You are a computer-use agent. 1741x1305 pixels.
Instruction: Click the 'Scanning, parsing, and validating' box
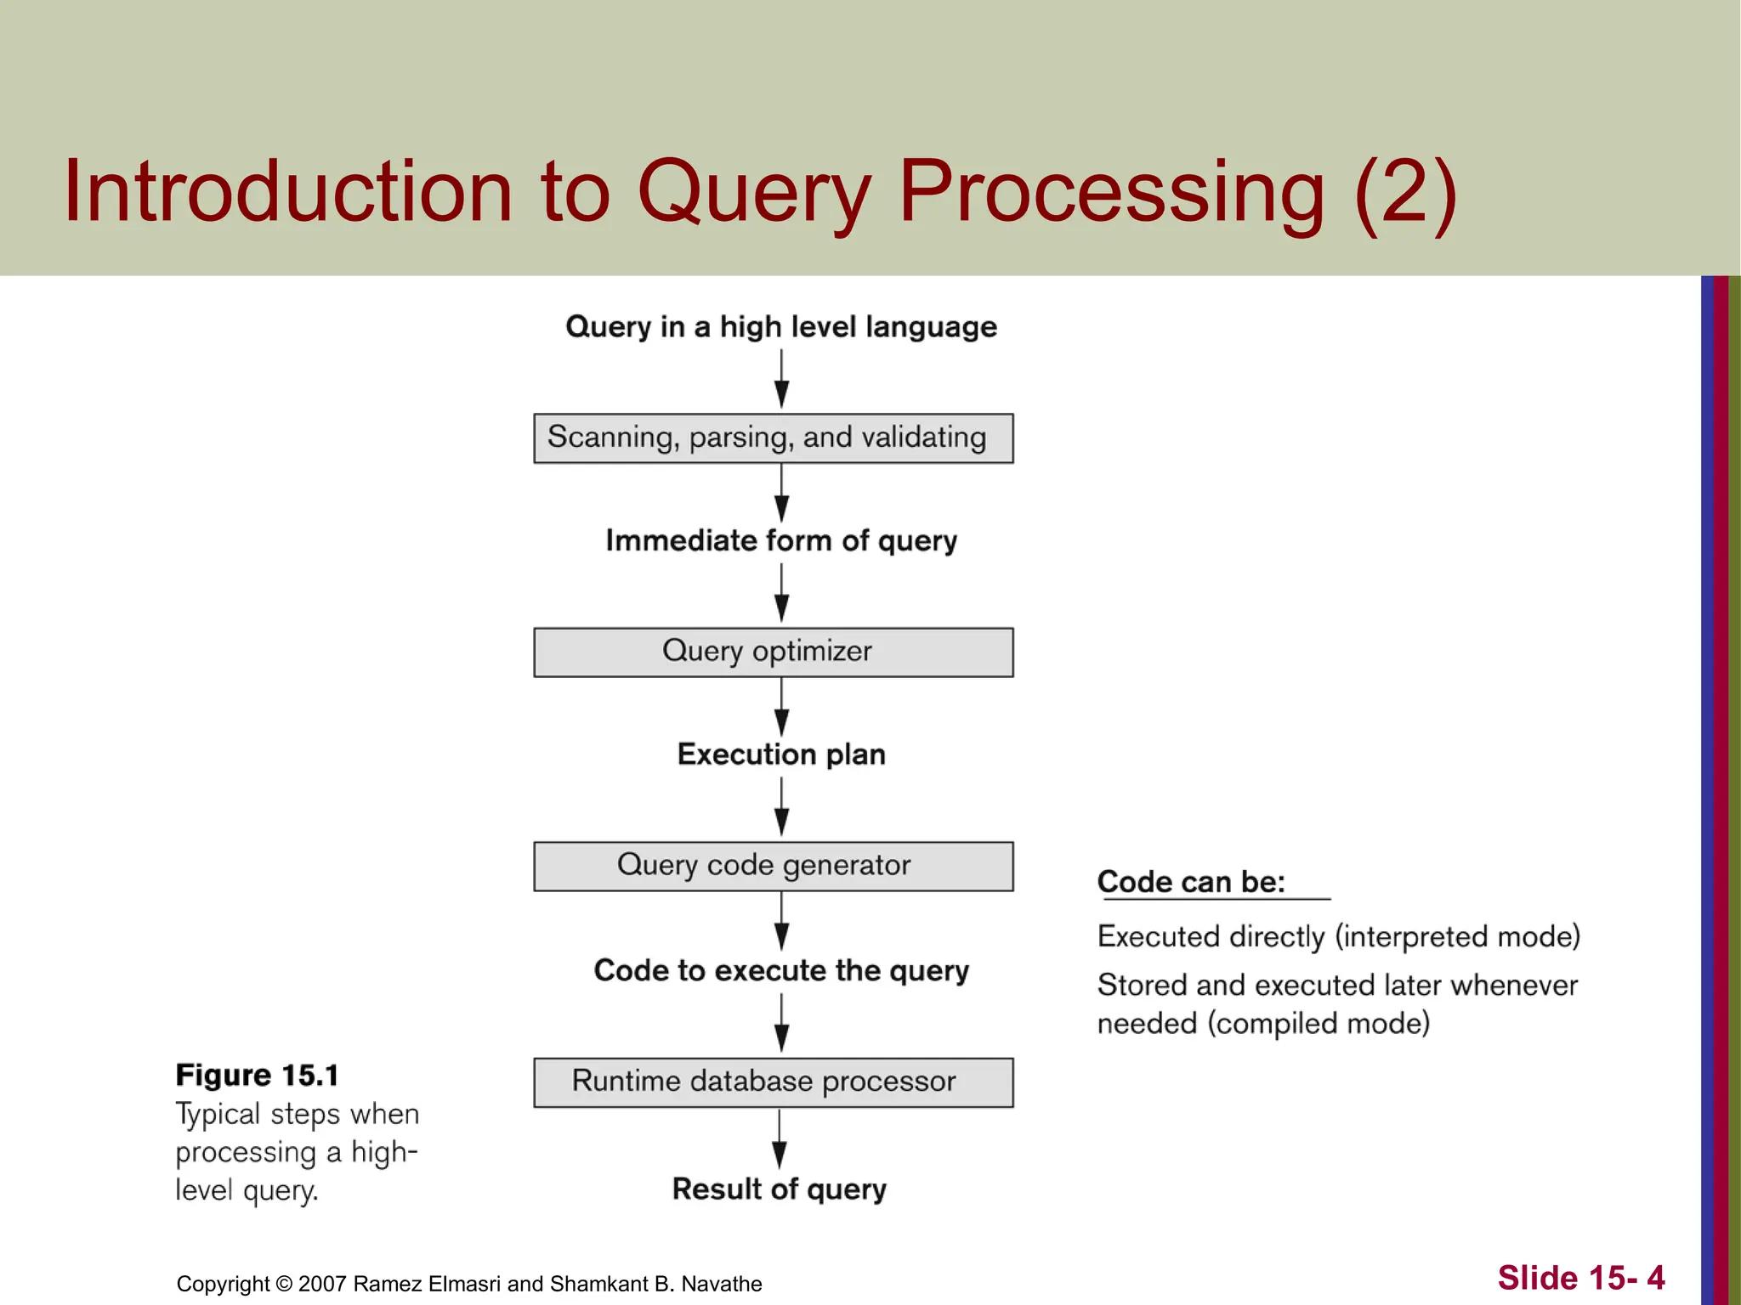point(773,438)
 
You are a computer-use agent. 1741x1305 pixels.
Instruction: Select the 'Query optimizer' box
point(773,652)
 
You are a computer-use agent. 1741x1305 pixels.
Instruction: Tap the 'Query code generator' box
point(773,867)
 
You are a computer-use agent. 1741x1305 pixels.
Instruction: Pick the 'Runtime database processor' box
point(773,1082)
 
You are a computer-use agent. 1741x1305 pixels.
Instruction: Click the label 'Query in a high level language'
point(780,327)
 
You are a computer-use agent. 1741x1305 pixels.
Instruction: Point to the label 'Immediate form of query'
point(780,541)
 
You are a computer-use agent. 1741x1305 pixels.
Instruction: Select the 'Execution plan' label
point(780,754)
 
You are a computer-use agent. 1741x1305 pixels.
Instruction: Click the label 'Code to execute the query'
point(780,970)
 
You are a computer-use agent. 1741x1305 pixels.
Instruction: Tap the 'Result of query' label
point(779,1189)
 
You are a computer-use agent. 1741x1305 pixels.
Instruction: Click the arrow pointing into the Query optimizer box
point(781,594)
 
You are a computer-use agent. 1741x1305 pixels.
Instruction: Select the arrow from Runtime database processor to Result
point(779,1139)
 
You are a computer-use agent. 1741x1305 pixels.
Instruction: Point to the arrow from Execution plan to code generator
point(781,807)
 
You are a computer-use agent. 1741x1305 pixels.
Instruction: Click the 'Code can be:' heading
point(1191,882)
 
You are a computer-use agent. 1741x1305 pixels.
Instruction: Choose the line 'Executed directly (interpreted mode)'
point(1338,936)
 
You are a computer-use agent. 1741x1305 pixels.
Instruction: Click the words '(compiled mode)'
point(1319,1024)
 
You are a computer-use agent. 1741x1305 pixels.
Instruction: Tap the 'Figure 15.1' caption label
point(257,1076)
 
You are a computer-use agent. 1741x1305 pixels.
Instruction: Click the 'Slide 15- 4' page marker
point(1580,1278)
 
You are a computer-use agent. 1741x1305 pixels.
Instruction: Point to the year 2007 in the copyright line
point(322,1284)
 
